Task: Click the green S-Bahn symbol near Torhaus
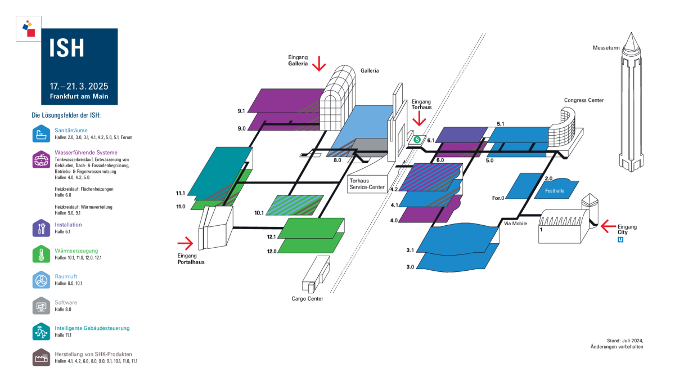pyautogui.click(x=417, y=140)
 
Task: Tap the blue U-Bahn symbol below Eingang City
pyautogui.click(x=620, y=240)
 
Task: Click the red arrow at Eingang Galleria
pyautogui.click(x=319, y=63)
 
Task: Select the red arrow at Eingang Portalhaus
pyautogui.click(x=185, y=243)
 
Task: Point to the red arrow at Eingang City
pyautogui.click(x=608, y=226)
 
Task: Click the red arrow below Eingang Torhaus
pyautogui.click(x=419, y=118)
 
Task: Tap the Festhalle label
pyautogui.click(x=555, y=191)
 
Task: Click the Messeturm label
pyautogui.click(x=606, y=48)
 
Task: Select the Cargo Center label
pyautogui.click(x=307, y=298)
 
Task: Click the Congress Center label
pyautogui.click(x=584, y=100)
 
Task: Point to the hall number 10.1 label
pyautogui.click(x=259, y=213)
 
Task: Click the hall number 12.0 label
pyautogui.click(x=272, y=251)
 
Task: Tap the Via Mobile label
pyautogui.click(x=515, y=223)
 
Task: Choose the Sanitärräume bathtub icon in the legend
pyautogui.click(x=41, y=133)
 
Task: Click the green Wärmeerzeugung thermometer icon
pyautogui.click(x=41, y=254)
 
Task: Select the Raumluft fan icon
pyautogui.click(x=41, y=280)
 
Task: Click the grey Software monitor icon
pyautogui.click(x=41, y=306)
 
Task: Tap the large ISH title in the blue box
pyautogui.click(x=66, y=48)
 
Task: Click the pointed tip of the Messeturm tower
pyautogui.click(x=631, y=33)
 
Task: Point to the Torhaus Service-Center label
pyautogui.click(x=367, y=184)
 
